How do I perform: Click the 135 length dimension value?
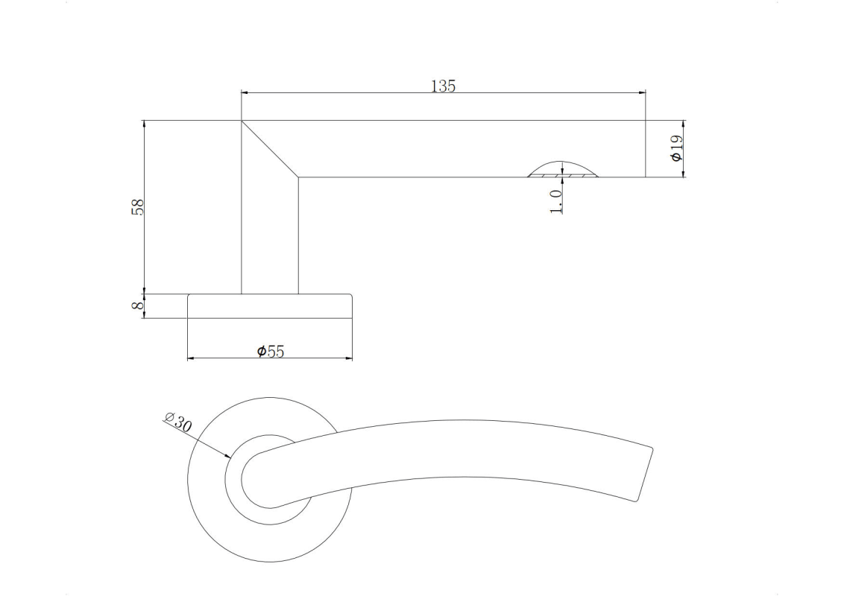tap(444, 86)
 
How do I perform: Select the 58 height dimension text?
tap(138, 207)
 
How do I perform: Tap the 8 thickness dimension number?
tap(138, 305)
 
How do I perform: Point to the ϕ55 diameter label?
tap(270, 351)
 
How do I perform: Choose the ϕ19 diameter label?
tap(676, 148)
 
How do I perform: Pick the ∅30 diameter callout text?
tap(178, 422)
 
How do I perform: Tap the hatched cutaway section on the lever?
tap(562, 174)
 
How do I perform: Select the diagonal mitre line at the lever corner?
tap(270, 148)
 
